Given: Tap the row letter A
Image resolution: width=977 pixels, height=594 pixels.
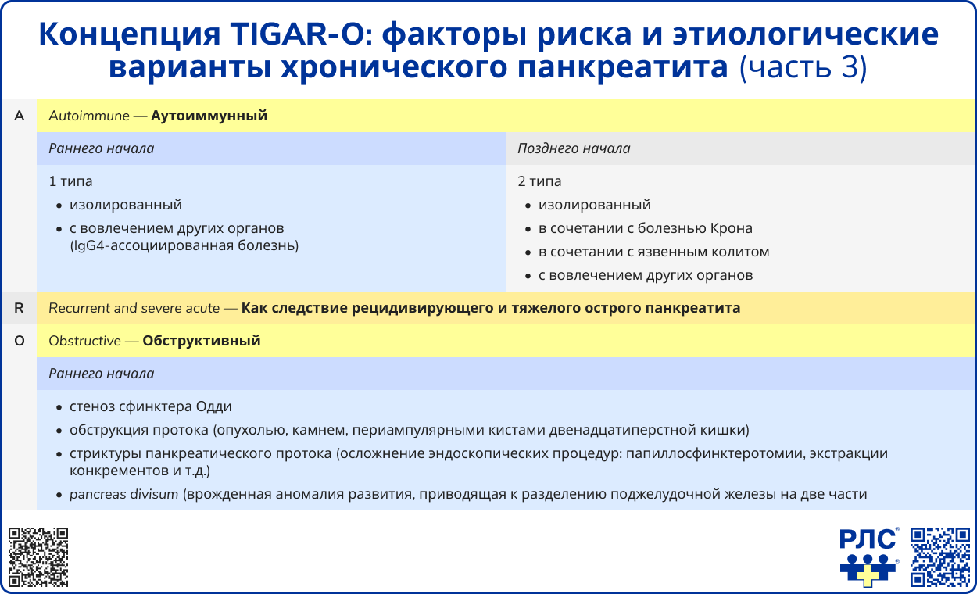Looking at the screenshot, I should (x=20, y=116).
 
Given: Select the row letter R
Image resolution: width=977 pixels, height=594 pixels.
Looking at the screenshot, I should (x=20, y=309).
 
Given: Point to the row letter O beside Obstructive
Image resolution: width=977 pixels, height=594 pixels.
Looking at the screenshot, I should (x=20, y=342).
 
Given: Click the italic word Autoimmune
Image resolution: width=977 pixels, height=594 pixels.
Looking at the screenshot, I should (x=88, y=116).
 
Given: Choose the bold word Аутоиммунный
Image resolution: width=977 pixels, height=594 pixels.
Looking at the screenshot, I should (x=209, y=116).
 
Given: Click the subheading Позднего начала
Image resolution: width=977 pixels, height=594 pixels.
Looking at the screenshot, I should (x=574, y=148).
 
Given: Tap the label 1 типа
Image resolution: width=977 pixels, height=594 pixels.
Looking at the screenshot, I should (x=70, y=181).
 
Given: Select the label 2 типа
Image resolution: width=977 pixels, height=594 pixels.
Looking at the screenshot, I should (x=539, y=181).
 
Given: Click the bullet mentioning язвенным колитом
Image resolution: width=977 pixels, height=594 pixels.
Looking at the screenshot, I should (x=653, y=252).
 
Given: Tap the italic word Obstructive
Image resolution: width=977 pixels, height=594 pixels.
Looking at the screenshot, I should (x=84, y=342).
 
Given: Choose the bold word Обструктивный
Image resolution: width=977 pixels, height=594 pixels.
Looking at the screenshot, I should (x=202, y=342).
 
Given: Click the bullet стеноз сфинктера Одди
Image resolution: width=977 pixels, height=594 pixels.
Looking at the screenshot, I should (x=150, y=407).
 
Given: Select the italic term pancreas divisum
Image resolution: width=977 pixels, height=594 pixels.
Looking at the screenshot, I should (x=123, y=494).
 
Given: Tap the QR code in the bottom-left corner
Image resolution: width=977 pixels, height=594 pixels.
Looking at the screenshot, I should (x=38, y=557).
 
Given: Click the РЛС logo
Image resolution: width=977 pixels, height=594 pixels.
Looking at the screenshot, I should (x=868, y=556).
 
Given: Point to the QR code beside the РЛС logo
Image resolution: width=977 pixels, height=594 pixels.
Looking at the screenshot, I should (x=940, y=556).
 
